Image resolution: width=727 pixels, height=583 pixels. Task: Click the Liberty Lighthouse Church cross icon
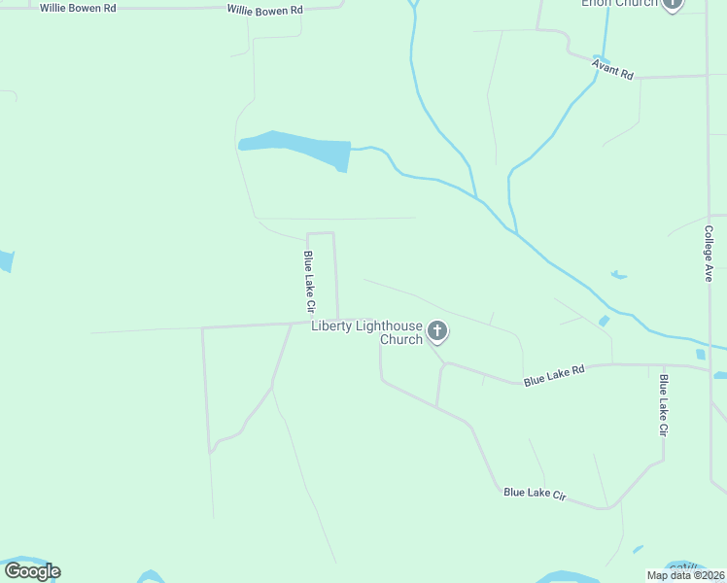point(437,332)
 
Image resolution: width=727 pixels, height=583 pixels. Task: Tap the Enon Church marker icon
point(672,4)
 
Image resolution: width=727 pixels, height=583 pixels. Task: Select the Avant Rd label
point(613,68)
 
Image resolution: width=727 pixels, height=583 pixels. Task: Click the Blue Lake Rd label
point(554,375)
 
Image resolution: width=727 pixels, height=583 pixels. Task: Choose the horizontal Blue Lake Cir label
point(535,494)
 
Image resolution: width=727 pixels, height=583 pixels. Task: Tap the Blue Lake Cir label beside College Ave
point(664,404)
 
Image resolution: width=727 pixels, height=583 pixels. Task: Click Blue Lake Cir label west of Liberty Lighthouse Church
point(309,282)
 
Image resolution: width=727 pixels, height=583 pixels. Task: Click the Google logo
point(32,570)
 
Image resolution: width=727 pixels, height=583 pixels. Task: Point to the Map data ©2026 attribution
point(686,575)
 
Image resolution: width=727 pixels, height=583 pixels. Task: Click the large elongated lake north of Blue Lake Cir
point(296,148)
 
